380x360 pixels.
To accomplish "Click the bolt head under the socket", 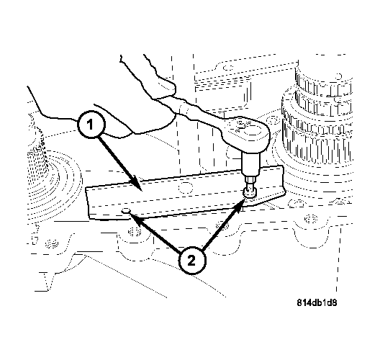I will pos(248,192).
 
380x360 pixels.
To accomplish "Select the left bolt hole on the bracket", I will pos(127,211).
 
